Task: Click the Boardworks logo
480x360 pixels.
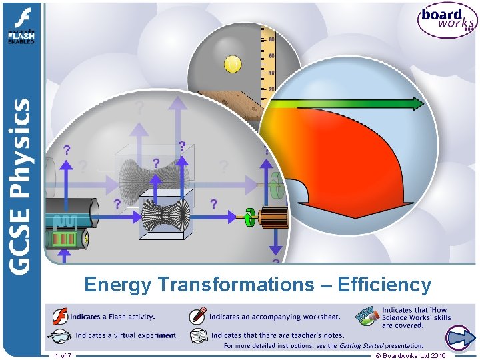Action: coord(447,21)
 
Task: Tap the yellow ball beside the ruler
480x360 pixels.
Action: coord(233,64)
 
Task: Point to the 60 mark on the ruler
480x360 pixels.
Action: coord(271,40)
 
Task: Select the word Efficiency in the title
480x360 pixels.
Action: coord(385,285)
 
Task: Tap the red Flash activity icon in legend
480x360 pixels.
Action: coord(60,316)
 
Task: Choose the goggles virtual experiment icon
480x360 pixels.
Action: coord(60,335)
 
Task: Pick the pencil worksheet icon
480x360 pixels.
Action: coord(198,316)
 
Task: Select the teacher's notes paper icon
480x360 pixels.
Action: coord(198,335)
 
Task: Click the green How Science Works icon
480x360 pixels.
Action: coord(367,315)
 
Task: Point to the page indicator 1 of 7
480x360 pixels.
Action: coord(64,356)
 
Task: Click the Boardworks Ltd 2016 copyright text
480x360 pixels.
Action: coord(411,356)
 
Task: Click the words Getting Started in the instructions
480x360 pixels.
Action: coord(360,345)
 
